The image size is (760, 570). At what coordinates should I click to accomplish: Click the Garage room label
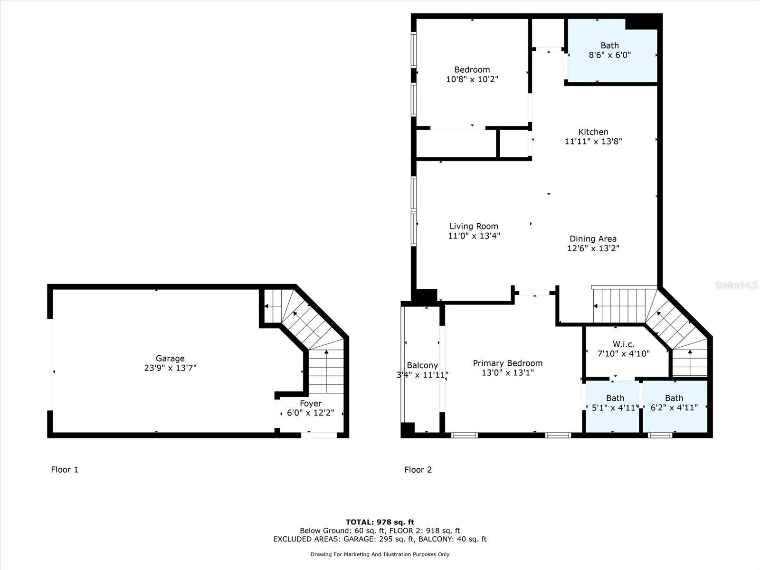coord(170,359)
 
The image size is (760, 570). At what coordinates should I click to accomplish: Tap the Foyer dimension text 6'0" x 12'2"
coord(311,413)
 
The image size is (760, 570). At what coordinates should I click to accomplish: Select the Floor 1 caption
coord(65,470)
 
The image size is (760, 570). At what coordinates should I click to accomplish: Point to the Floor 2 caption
coord(418,470)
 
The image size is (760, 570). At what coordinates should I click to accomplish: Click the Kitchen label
coord(593,132)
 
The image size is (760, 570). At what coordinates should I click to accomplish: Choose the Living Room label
coord(474,227)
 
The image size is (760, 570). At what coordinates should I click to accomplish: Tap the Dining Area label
coord(593,239)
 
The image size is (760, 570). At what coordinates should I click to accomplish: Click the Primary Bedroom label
coord(508,363)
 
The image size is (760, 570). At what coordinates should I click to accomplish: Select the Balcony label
coord(422,365)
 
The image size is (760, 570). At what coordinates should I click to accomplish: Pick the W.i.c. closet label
coord(624,344)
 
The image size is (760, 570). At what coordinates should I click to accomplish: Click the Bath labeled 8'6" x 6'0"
coord(610,45)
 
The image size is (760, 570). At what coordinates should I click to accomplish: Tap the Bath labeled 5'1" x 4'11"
coord(615,398)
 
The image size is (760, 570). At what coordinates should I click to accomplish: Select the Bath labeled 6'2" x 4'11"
coord(674,398)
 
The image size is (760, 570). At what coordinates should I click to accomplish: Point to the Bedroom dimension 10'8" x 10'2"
coord(472,79)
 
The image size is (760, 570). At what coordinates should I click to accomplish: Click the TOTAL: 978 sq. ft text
coord(380,522)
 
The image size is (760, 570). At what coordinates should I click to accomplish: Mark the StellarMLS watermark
coord(736,285)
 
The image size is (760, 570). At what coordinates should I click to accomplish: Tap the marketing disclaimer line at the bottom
coord(380,554)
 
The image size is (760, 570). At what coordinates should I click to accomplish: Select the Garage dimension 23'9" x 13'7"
coord(170,368)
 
